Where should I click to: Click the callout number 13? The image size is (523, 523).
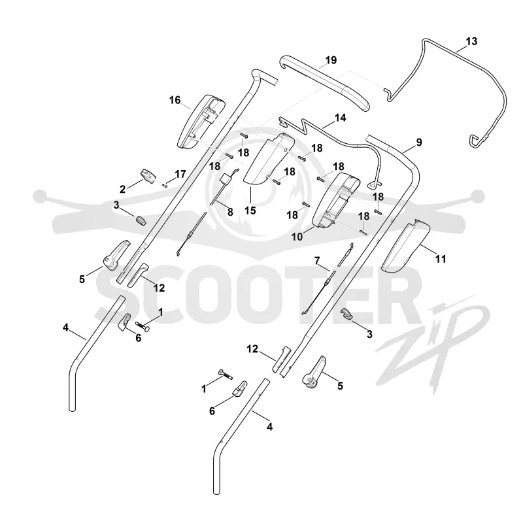(471, 41)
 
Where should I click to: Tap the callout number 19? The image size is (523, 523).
(331, 60)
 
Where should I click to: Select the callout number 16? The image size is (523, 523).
(175, 100)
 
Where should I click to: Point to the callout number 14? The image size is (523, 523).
(340, 118)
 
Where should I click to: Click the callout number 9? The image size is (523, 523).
(419, 142)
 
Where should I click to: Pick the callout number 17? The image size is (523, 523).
(180, 174)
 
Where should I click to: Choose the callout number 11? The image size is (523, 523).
(441, 258)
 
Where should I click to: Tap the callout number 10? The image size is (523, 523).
(297, 237)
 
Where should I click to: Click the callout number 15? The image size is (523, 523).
(250, 211)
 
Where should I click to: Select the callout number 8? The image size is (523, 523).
(230, 212)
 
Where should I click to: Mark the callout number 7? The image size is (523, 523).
(317, 260)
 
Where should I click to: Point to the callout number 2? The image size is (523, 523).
(122, 189)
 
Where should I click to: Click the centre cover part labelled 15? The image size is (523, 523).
(269, 160)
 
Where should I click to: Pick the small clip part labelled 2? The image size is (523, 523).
(148, 176)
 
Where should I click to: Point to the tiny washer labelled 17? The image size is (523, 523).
(166, 186)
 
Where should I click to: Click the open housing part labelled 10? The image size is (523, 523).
(336, 200)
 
